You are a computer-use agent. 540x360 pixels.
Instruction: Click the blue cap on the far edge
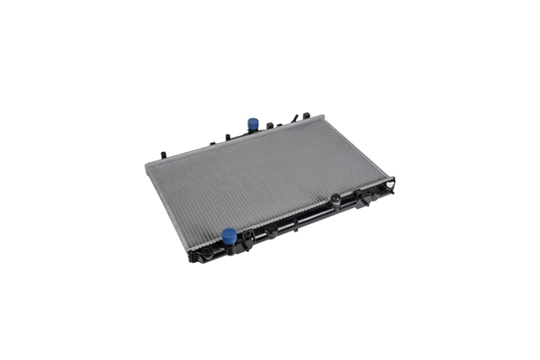(x=253, y=122)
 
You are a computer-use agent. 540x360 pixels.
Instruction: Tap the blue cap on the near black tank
(x=229, y=236)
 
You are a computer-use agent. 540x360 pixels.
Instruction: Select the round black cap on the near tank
(x=336, y=200)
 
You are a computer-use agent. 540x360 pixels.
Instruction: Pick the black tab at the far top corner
(x=307, y=115)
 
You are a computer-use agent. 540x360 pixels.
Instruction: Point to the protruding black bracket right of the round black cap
(x=361, y=199)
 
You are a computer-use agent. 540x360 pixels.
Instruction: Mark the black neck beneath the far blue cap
(x=253, y=130)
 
